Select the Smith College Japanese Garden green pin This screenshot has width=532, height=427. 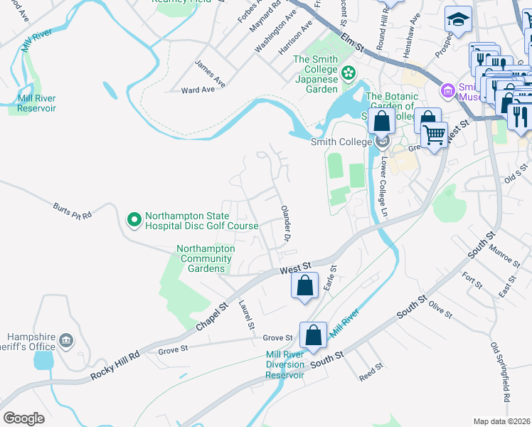coord(349,72)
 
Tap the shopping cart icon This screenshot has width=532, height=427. coord(434,133)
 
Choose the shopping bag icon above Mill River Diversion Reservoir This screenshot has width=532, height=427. coord(313,335)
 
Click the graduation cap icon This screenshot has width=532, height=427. coord(459,21)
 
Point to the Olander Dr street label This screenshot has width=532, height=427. coord(286,220)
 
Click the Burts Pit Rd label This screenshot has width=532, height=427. coord(73,211)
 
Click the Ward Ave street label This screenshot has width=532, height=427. coord(198,90)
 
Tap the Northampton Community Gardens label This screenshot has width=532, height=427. coord(206,258)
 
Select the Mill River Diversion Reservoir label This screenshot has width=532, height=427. coord(284,364)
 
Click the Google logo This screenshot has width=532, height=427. coord(23,418)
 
